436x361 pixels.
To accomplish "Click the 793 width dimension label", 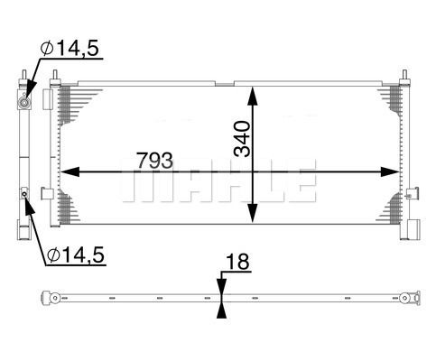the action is click(x=155, y=160).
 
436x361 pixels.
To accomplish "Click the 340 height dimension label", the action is click(x=242, y=139).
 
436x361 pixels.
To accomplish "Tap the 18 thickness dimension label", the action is click(x=237, y=262).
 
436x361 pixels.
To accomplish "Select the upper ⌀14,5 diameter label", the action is click(x=70, y=48).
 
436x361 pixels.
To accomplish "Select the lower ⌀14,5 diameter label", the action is click(x=76, y=255).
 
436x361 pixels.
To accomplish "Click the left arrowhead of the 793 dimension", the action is click(x=70, y=171).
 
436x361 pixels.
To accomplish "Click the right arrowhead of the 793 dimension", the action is click(x=390, y=171).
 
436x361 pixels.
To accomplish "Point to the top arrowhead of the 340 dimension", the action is click(x=253, y=96).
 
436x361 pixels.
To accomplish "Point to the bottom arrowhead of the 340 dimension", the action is click(x=253, y=213).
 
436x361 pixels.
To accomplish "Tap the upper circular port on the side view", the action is click(x=24, y=103).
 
